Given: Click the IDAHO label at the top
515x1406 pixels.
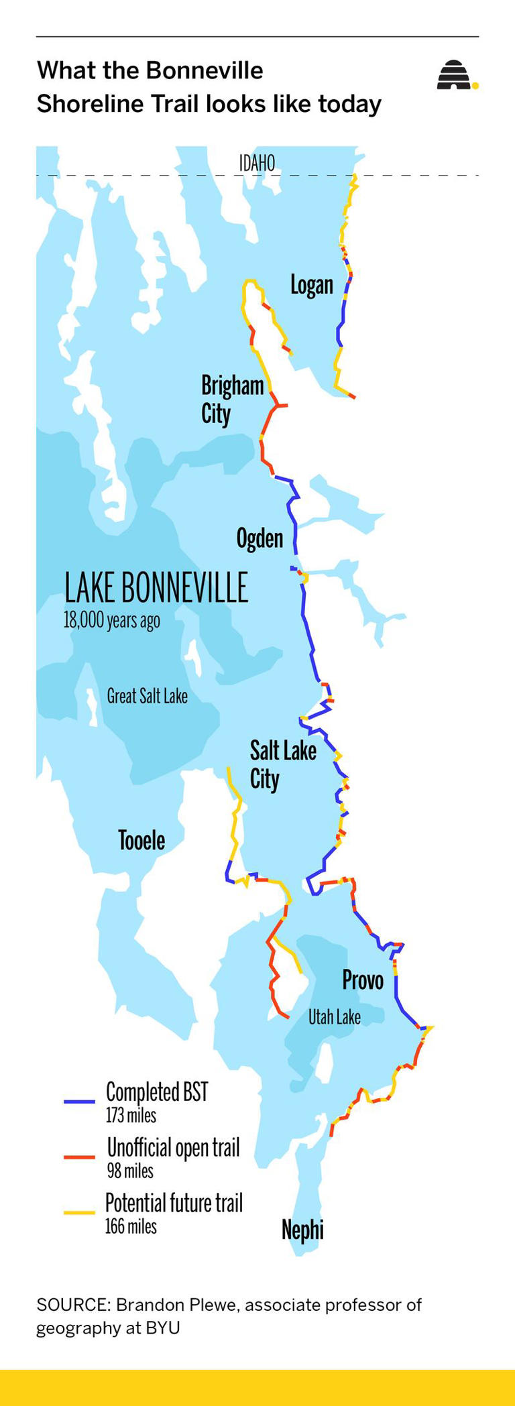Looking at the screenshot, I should click(257, 163).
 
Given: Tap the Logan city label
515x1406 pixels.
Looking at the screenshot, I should click(311, 285).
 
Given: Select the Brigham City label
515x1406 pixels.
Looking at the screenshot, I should click(231, 400).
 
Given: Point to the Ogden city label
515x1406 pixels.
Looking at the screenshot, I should click(260, 538).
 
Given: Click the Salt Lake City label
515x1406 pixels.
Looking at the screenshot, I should click(282, 765).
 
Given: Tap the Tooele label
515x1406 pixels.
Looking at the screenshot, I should click(141, 840).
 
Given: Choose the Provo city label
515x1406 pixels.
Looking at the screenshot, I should click(363, 980).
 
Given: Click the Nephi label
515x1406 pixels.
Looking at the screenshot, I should click(302, 1230).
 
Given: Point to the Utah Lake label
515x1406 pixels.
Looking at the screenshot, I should click(334, 1017).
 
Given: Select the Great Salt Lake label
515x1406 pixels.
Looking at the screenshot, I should click(147, 696).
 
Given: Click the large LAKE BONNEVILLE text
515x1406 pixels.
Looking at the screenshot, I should click(156, 588).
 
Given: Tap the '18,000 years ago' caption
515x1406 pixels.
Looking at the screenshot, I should click(111, 620).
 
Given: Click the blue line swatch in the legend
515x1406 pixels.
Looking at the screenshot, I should click(79, 1102).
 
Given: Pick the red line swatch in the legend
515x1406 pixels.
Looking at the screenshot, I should click(79, 1157).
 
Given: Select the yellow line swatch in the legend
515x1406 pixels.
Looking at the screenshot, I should click(79, 1212).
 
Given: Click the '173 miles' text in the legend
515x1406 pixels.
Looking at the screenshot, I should click(131, 1116).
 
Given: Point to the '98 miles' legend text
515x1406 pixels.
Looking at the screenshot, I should click(130, 1171).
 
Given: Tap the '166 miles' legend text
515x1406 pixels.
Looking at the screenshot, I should click(131, 1227).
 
